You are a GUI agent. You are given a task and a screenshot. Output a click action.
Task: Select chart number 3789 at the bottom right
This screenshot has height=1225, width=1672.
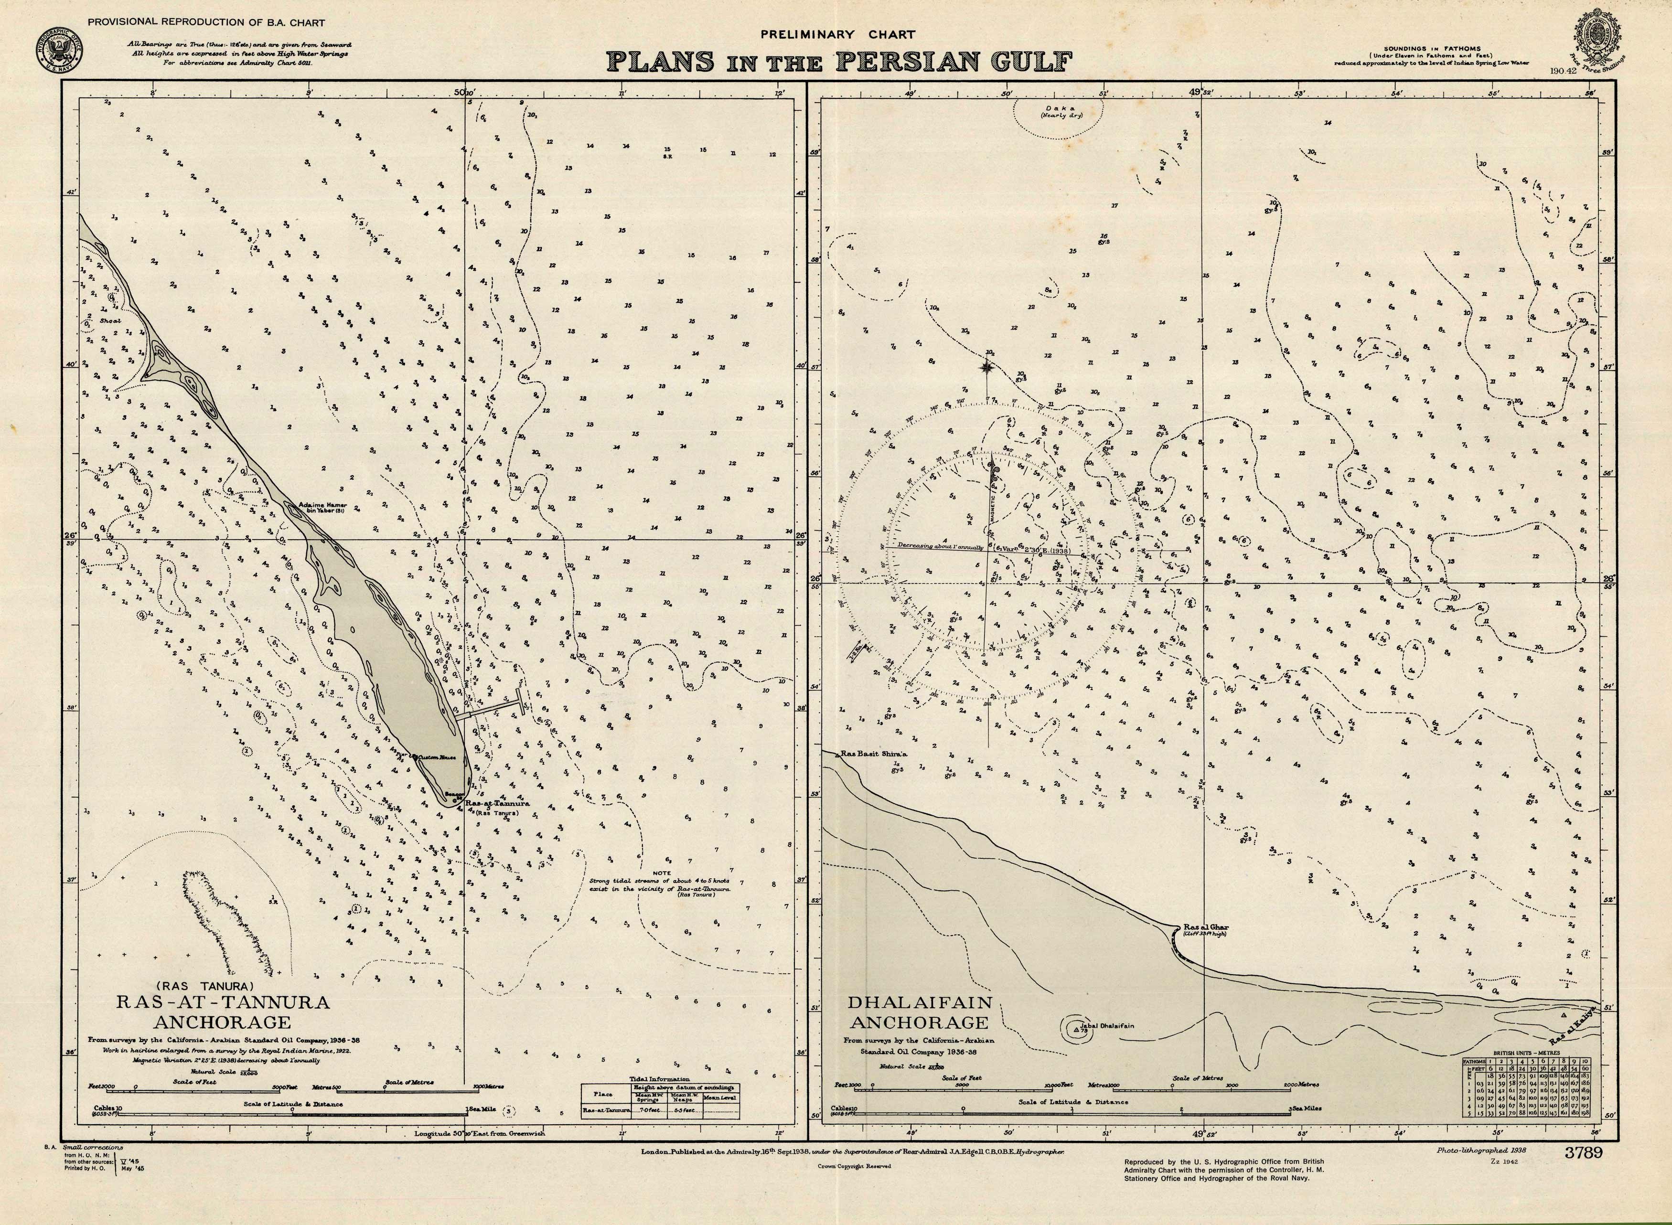(1583, 1152)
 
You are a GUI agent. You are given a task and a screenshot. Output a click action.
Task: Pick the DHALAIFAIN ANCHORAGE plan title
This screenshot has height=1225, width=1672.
(919, 1012)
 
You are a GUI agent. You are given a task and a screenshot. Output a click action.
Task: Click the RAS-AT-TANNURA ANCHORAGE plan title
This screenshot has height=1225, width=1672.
(223, 1012)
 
